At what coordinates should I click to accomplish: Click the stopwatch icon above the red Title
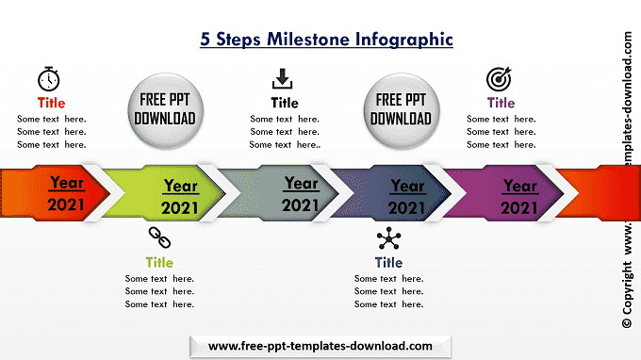click(49, 79)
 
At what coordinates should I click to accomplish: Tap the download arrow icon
click(282, 78)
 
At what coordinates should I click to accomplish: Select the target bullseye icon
click(499, 79)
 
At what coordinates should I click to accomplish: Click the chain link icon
click(159, 237)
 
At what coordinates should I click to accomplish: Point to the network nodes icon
click(388, 238)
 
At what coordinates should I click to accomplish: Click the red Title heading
click(51, 103)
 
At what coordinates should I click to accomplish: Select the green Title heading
click(159, 262)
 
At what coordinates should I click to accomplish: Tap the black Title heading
click(285, 103)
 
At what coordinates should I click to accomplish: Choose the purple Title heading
click(501, 103)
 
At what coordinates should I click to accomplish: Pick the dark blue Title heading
click(388, 262)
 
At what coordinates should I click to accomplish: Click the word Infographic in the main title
click(403, 40)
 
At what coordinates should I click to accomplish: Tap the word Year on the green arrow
click(181, 186)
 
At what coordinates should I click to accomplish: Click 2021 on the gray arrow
click(300, 205)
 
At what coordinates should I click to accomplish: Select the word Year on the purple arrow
click(519, 186)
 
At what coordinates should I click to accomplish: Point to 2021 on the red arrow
click(66, 205)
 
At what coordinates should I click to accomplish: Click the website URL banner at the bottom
click(320, 347)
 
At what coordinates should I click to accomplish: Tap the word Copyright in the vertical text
click(627, 288)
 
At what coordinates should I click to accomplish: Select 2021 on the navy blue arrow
click(406, 208)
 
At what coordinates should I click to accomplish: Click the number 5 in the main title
click(205, 40)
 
